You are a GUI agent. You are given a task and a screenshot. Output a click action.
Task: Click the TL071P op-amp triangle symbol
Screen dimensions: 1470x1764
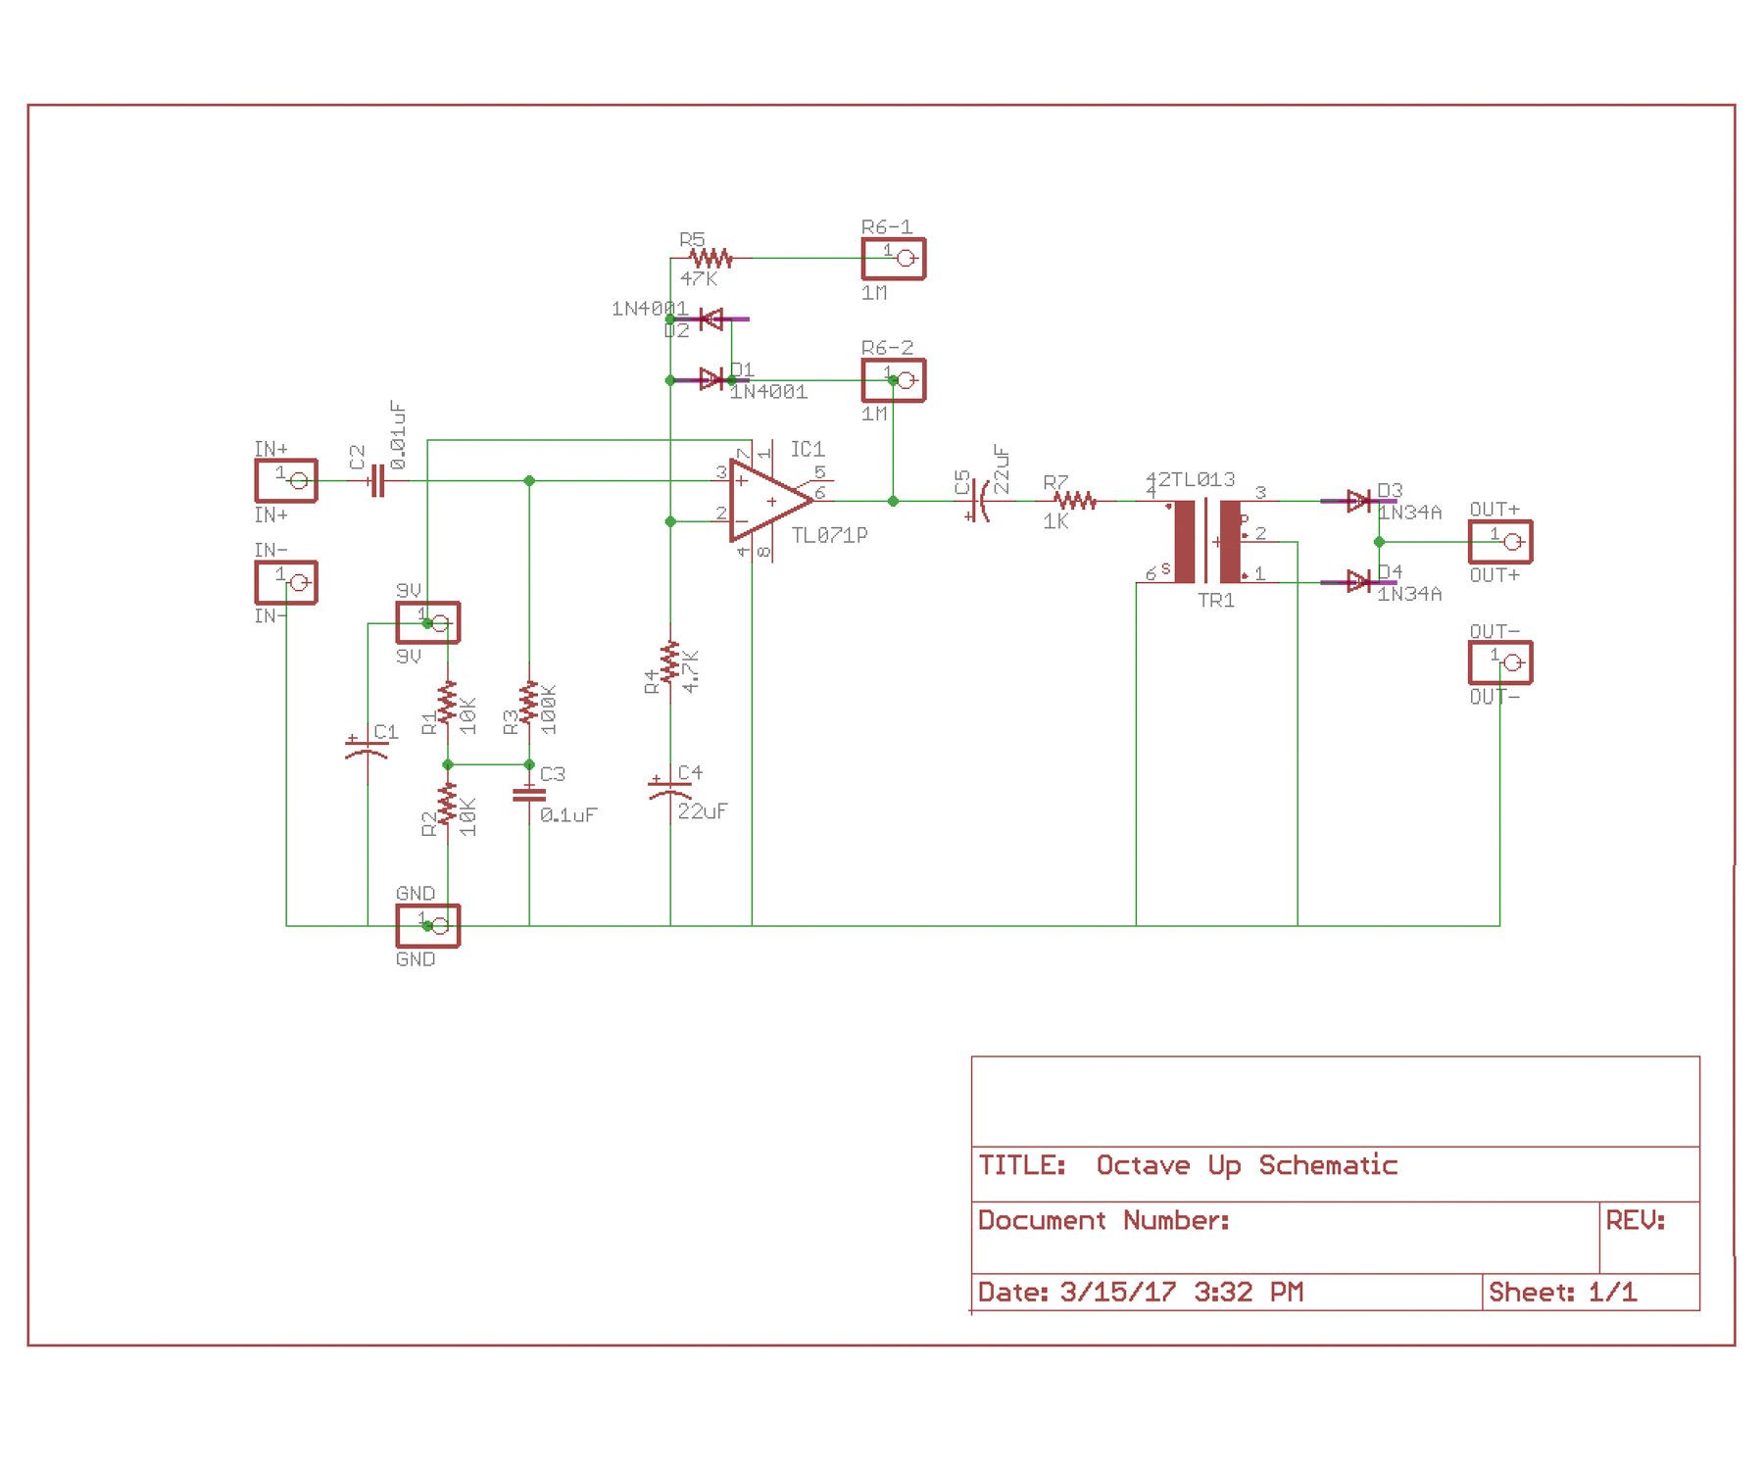768,502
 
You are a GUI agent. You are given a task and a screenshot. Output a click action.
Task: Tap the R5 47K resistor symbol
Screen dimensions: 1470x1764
710,259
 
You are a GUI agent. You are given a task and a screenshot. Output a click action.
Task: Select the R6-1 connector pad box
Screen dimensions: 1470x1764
893,259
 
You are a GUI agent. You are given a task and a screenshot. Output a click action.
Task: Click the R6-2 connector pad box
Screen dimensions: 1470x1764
893,380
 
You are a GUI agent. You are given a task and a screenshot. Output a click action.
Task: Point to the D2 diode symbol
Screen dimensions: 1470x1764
711,319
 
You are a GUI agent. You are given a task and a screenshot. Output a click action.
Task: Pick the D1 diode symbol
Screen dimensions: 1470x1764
711,379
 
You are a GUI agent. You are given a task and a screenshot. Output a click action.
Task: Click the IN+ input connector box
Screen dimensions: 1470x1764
286,480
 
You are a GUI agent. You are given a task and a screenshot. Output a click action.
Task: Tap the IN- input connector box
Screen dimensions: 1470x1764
286,582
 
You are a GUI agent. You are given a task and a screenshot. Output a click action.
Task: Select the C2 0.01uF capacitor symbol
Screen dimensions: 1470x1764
376,481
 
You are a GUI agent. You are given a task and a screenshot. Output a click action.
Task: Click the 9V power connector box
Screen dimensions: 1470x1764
428,622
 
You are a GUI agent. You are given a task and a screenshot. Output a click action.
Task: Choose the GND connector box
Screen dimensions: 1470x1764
428,925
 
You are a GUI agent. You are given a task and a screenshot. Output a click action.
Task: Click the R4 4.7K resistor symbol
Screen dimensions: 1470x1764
670,663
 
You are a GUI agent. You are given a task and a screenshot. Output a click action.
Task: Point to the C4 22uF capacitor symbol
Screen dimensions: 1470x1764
670,790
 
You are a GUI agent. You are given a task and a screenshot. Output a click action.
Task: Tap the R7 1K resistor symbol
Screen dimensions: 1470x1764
1076,501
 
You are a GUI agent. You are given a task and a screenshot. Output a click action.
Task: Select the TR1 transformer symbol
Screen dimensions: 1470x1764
1207,541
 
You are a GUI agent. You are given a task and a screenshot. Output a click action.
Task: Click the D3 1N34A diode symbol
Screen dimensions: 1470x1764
1358,501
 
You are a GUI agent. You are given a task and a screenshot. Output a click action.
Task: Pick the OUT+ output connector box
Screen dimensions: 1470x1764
1499,541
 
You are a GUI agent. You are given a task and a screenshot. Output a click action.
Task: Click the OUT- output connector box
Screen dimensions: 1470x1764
1499,662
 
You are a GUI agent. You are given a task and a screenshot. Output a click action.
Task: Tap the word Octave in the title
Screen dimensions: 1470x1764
1142,1165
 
